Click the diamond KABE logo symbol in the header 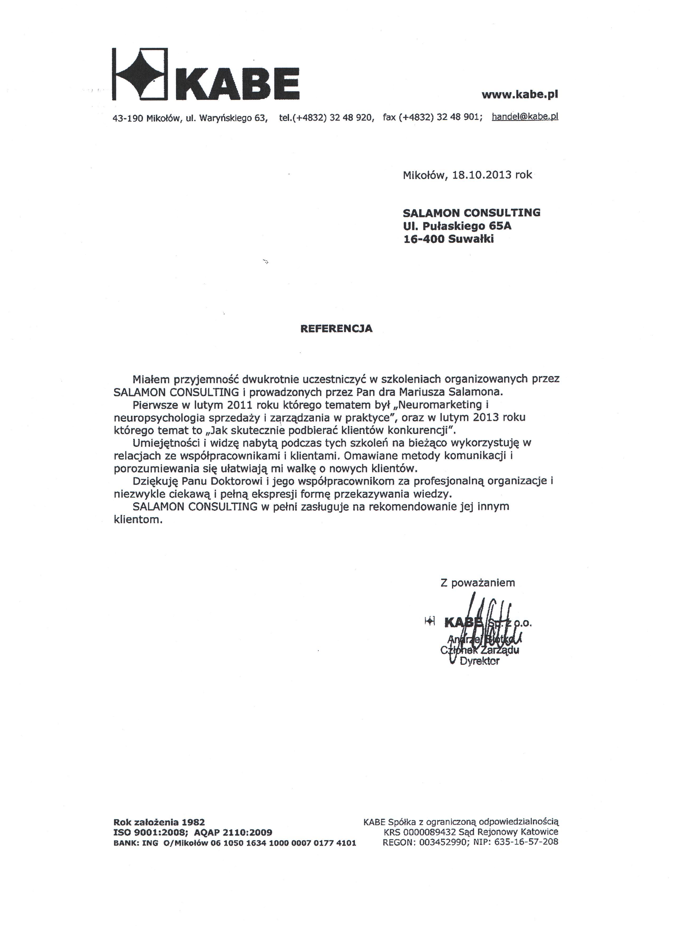[140, 74]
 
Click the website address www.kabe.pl [520, 95]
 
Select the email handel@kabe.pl [525, 117]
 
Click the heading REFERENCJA [336, 329]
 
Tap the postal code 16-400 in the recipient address [424, 239]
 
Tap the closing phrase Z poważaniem [477, 583]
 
